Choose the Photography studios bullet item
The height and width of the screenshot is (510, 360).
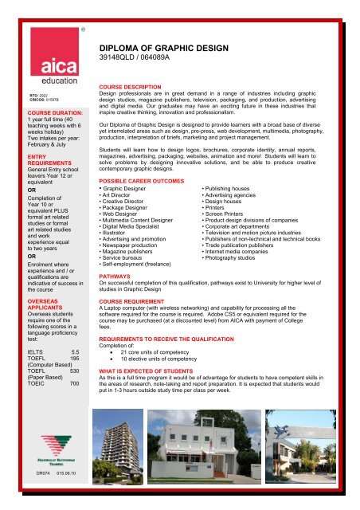251,259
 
